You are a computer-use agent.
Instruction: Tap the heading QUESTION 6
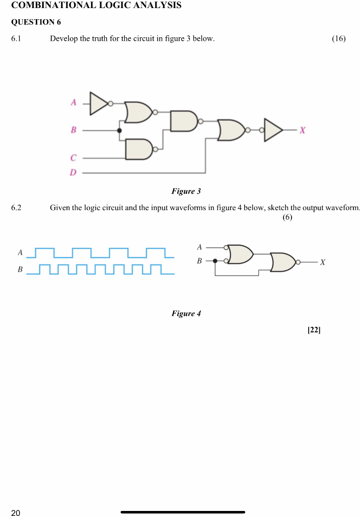click(33, 22)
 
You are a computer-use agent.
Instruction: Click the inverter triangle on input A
click(99, 103)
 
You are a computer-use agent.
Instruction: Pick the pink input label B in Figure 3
click(73, 131)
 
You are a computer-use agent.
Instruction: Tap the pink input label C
click(73, 158)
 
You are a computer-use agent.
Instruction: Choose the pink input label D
click(73, 173)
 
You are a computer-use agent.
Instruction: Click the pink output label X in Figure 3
click(302, 131)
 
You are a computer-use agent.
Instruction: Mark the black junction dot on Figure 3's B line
click(119, 131)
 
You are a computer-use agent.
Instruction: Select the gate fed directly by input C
click(139, 149)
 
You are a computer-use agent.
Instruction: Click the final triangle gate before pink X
click(273, 130)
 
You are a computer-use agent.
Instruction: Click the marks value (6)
click(287, 217)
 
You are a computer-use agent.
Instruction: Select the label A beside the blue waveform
click(20, 251)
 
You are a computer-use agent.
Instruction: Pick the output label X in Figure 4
click(323, 263)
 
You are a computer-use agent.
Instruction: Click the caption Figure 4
click(186, 313)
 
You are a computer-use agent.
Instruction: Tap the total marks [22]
click(314, 330)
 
